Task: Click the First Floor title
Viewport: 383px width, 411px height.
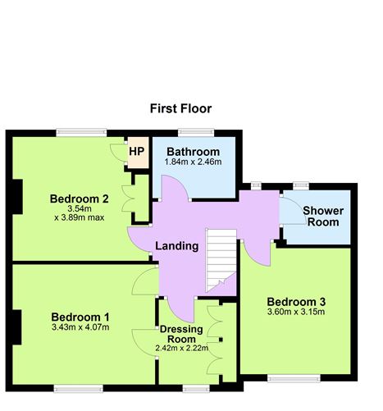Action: coord(180,108)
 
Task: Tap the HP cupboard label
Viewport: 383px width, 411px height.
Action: coord(136,151)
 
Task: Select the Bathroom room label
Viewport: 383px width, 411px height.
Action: coord(193,153)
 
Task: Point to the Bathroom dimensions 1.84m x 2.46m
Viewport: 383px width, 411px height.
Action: coord(193,164)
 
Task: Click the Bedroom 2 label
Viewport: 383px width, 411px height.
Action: coord(80,199)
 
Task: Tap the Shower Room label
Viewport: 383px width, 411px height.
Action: coord(323,217)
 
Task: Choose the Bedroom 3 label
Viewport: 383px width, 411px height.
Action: coord(296,299)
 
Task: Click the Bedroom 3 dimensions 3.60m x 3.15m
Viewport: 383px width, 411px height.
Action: coord(296,312)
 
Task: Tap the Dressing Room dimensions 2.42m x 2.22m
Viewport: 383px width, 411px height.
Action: coord(181,348)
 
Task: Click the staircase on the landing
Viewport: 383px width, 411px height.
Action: coord(220,258)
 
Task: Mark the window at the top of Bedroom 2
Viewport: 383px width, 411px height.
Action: coord(81,131)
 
